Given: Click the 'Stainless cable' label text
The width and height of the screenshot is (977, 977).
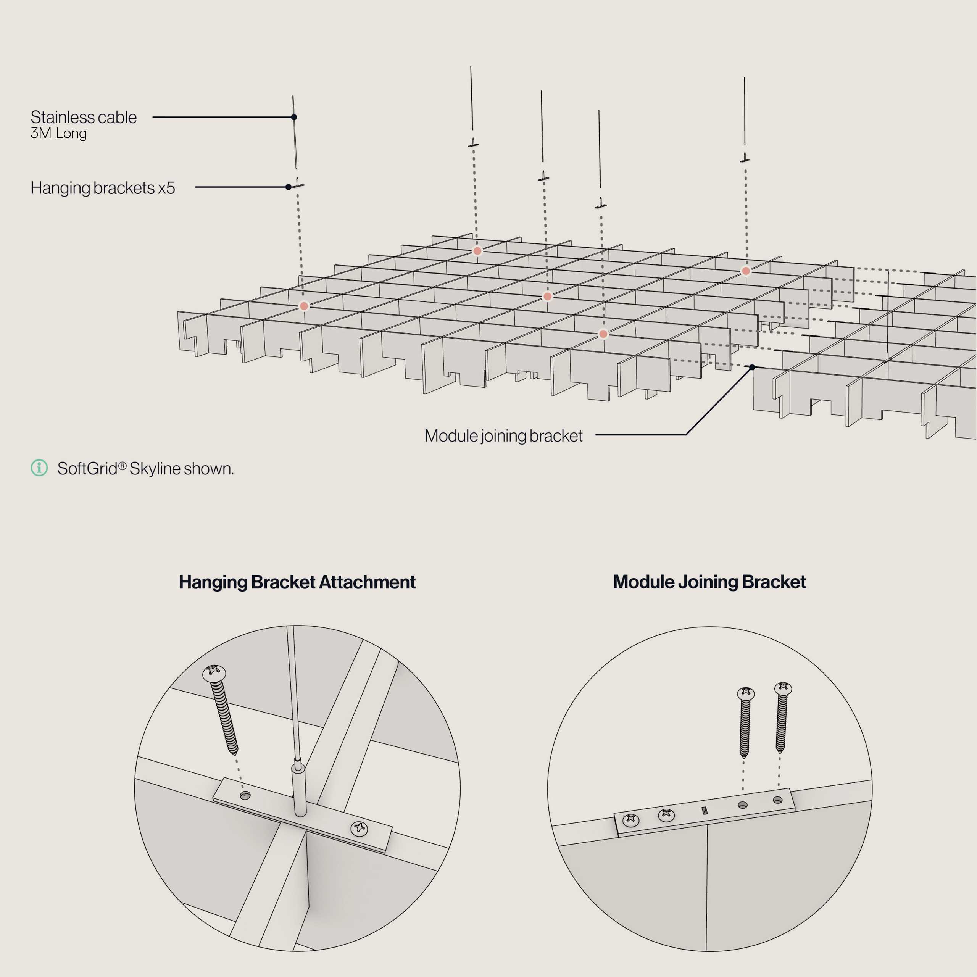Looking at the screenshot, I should [84, 117].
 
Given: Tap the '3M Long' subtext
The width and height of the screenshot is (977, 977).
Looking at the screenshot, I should [59, 134].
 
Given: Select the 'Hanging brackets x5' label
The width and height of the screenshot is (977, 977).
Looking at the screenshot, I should [103, 188].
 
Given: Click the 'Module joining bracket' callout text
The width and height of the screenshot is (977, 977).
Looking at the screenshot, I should [503, 436].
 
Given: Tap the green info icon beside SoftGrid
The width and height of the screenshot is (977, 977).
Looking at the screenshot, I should [39, 468].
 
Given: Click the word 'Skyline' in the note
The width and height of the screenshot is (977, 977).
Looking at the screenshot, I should [155, 469].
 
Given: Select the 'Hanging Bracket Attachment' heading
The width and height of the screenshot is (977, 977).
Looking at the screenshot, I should [297, 582].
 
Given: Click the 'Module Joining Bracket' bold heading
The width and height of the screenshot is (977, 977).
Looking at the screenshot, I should [709, 582].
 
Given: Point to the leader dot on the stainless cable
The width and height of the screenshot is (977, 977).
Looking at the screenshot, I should [294, 117].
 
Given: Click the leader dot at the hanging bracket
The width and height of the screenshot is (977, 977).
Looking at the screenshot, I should [288, 187].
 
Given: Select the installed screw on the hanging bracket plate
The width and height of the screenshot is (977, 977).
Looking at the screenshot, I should [359, 828].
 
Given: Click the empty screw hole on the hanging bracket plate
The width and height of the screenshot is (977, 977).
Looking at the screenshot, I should [245, 795].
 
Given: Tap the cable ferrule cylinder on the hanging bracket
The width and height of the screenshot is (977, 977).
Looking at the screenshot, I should [299, 789].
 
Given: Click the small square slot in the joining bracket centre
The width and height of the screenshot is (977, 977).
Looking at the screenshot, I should [705, 811].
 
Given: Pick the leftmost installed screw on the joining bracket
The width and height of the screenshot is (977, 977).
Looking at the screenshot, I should [630, 820].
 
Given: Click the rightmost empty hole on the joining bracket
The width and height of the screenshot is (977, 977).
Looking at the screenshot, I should [778, 800].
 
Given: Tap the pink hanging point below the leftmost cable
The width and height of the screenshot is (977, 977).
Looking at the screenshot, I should [304, 306].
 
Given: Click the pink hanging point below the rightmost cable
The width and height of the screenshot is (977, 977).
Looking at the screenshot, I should [746, 271].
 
